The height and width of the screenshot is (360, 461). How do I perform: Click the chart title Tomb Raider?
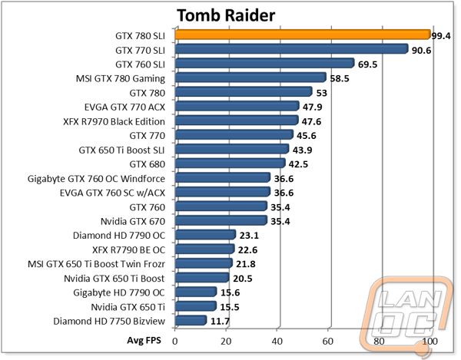(226, 15)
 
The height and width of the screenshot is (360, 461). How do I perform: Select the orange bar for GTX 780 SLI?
(303, 35)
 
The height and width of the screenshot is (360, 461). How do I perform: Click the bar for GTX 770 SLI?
(292, 49)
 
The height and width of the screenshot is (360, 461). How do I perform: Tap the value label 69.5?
(367, 64)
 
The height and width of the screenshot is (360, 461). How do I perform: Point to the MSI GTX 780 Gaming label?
(121, 79)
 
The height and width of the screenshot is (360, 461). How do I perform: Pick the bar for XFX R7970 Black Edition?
(237, 121)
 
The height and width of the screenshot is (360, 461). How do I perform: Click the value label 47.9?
(312, 107)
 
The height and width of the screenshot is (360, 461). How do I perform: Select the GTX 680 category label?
(148, 164)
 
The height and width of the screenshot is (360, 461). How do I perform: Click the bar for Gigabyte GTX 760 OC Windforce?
(223, 177)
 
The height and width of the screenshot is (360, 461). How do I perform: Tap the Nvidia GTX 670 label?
(133, 221)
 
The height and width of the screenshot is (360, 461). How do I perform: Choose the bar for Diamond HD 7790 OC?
(205, 235)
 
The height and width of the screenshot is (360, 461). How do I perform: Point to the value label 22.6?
(247, 250)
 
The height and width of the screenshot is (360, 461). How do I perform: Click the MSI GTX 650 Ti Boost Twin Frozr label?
(97, 264)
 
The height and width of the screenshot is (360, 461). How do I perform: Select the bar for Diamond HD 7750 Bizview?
(191, 320)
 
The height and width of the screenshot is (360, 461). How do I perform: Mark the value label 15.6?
(230, 292)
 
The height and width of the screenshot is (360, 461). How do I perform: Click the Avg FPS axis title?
(144, 340)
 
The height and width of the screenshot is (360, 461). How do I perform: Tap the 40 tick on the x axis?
(277, 342)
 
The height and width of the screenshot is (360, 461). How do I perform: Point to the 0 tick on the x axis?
(175, 342)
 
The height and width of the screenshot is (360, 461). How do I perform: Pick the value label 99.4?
(441, 36)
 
